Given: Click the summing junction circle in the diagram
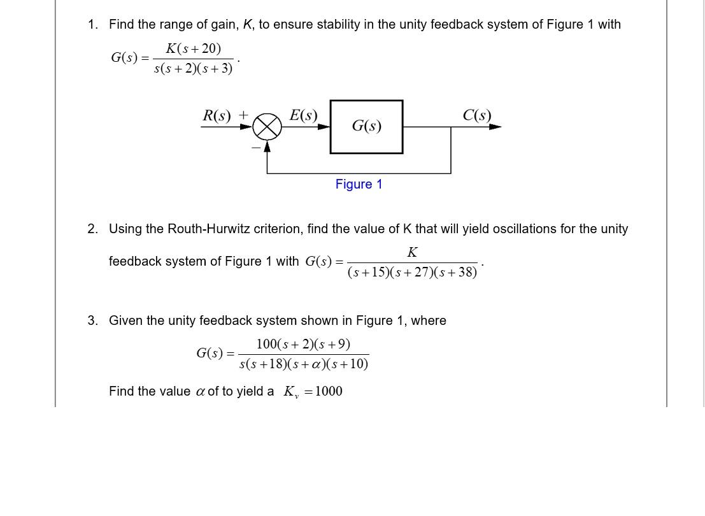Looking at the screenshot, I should pos(267,127).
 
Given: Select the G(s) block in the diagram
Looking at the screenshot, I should pos(366,126).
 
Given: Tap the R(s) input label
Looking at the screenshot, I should pos(217,115).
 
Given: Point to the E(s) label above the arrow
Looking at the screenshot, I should pos(303,115).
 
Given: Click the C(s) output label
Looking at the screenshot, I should pos(477,115).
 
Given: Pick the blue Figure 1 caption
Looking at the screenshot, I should pos(359,184).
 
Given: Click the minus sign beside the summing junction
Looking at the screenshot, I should pos(256,147).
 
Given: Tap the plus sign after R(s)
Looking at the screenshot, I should pos(243,115).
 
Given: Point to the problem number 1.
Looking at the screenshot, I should pos(93,24).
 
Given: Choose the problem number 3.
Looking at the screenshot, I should pos(93,320).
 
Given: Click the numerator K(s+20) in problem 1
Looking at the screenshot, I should pos(193,48).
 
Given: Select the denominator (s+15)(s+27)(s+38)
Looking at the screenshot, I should pos(412,272).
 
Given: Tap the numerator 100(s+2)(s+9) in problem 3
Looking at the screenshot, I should pos(303,345).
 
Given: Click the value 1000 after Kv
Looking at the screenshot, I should pos(329,391).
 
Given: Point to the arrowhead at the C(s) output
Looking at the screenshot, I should pos(495,127).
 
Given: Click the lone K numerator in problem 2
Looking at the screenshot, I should pos(412,252).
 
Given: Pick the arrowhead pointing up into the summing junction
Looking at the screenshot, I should pos(267,146).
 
